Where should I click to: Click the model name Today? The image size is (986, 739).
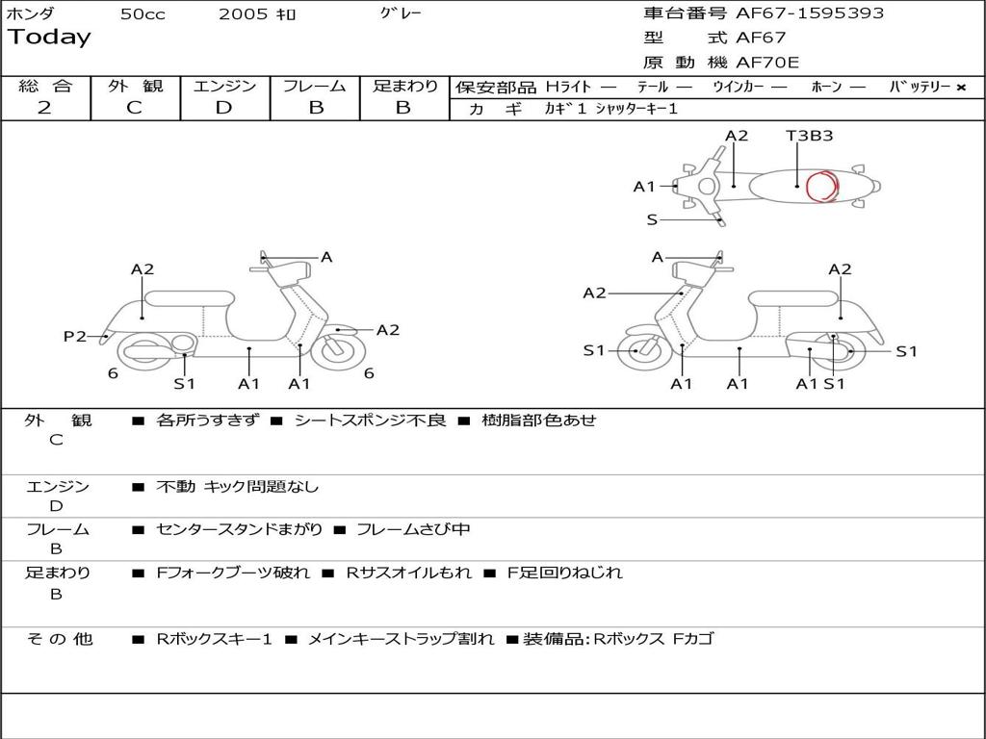point(49,38)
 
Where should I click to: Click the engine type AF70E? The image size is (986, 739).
point(767,63)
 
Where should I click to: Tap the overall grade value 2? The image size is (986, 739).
point(44,107)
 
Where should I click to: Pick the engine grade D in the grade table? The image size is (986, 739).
point(223,107)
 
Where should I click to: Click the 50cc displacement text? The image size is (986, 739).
point(143,14)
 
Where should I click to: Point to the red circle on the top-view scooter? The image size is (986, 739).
point(821,186)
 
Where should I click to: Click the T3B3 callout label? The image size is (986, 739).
point(809,136)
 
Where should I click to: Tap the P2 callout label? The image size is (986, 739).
point(75,336)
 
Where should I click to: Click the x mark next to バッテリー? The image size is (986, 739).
point(960,87)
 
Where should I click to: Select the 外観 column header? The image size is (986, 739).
point(135,86)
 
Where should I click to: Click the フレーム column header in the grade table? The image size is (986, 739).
point(315,86)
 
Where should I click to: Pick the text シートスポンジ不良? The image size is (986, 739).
point(370,420)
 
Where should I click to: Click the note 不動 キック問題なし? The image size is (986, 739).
point(237,487)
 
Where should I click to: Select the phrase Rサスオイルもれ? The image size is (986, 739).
point(408,573)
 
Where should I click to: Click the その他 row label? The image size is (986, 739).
point(59,639)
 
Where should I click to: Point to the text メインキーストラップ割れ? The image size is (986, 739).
point(400,639)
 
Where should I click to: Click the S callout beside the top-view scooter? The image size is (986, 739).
point(652,220)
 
